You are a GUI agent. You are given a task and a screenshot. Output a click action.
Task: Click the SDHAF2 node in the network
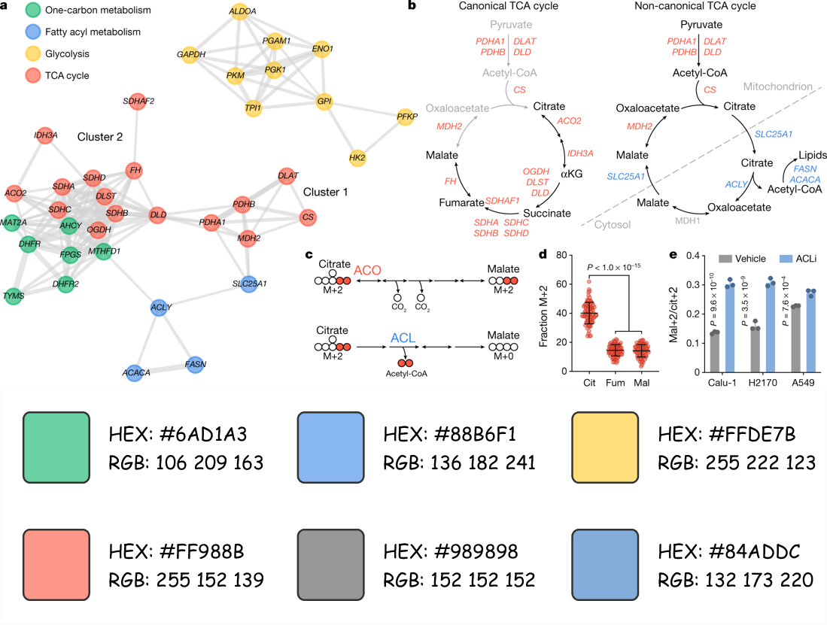click(x=138, y=100)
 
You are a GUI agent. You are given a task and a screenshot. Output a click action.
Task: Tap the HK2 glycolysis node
click(x=357, y=158)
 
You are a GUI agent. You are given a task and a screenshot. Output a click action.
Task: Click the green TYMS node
click(x=14, y=296)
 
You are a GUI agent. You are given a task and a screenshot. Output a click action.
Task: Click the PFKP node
click(x=406, y=117)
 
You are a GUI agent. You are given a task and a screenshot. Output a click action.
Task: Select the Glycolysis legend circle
click(x=32, y=54)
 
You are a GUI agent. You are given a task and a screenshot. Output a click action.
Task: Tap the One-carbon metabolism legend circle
click(x=32, y=11)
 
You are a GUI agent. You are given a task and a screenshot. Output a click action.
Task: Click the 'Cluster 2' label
click(x=100, y=137)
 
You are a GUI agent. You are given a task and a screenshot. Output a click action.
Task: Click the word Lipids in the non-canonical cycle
click(x=811, y=155)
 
